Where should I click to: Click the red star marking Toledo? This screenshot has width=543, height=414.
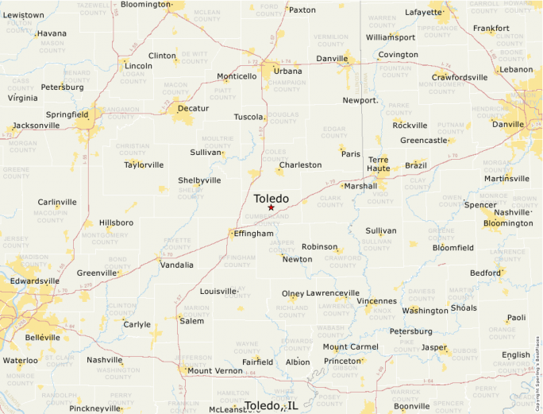(271, 208)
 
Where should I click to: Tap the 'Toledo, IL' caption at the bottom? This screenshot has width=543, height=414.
(271, 405)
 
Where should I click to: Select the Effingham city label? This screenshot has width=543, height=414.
(253, 234)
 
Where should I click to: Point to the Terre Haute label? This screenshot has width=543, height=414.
(384, 164)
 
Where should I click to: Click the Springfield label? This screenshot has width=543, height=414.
(67, 114)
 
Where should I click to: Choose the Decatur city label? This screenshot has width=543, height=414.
(193, 108)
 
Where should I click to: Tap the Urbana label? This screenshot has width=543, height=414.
(287, 71)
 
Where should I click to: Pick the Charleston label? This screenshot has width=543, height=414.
(300, 165)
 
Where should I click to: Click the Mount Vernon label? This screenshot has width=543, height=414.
(214, 370)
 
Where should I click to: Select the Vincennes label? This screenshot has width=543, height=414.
(377, 301)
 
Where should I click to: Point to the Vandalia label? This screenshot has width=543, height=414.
(176, 265)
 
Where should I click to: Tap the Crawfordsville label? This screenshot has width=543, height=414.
(460, 77)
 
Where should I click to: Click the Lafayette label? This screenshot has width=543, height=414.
(423, 13)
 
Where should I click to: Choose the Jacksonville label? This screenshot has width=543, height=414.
(36, 126)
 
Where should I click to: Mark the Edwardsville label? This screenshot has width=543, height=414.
(34, 281)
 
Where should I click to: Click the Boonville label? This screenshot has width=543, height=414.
(411, 406)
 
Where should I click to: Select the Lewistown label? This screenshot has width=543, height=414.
(24, 15)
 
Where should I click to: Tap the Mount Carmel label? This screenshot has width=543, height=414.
(350, 346)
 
